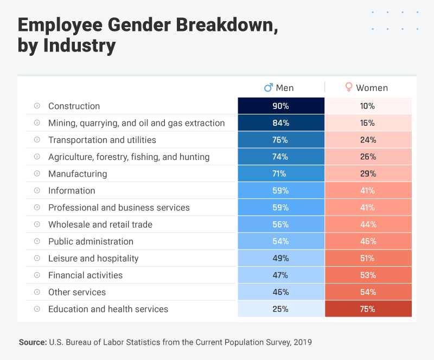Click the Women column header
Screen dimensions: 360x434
click(372, 88)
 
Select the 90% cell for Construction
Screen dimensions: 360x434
click(281, 106)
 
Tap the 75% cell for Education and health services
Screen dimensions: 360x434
click(368, 309)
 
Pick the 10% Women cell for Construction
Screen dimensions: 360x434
click(368, 106)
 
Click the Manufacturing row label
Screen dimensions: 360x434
click(78, 174)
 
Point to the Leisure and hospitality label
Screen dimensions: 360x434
click(93, 258)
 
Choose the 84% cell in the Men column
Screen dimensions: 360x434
click(281, 123)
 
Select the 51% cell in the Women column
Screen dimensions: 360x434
click(368, 258)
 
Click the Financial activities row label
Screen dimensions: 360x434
click(85, 275)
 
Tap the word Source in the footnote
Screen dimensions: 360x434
click(32, 342)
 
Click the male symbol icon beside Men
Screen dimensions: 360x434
click(268, 87)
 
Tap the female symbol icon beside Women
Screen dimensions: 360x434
click(349, 87)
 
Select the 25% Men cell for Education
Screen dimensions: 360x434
click(281, 309)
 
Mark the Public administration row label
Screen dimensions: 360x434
click(91, 241)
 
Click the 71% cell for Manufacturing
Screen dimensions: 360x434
click(281, 174)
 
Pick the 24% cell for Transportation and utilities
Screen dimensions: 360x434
click(368, 140)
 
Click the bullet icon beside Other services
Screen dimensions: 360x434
click(37, 292)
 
